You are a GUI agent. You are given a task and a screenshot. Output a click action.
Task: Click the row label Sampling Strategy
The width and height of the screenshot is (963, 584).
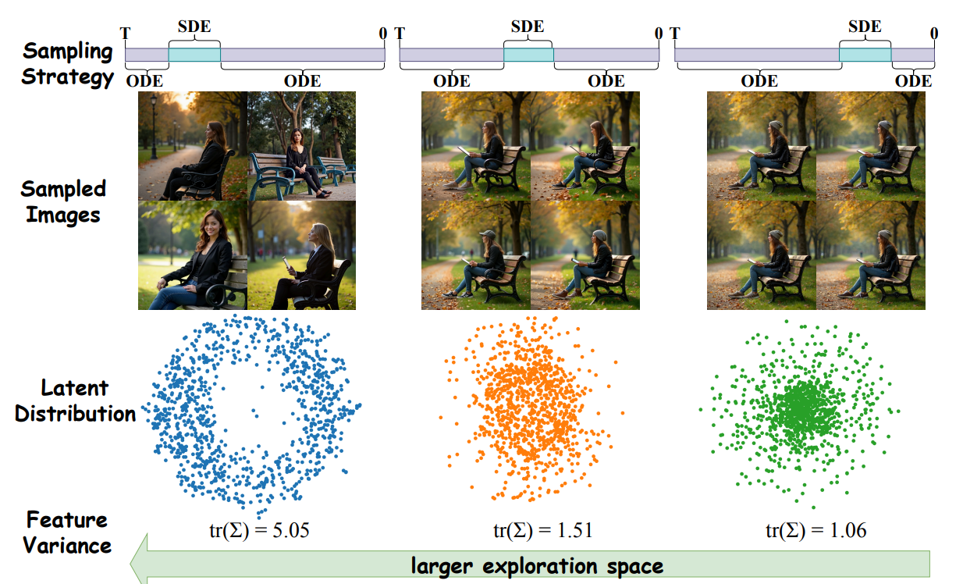[68, 64]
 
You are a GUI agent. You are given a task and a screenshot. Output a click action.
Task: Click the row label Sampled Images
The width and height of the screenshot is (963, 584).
[63, 201]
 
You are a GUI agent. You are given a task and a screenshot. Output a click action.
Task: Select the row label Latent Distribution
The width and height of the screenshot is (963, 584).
[75, 401]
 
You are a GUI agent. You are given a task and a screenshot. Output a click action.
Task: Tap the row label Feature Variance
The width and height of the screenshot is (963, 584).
[67, 532]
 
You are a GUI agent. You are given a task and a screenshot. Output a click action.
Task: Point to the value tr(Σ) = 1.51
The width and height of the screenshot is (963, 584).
[542, 531]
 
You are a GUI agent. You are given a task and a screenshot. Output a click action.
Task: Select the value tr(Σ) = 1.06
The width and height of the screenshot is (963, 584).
[816, 531]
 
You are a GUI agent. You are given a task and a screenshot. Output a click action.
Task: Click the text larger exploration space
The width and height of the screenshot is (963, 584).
[537, 565]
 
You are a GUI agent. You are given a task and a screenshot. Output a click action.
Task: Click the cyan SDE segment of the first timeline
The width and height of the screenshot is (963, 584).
[194, 55]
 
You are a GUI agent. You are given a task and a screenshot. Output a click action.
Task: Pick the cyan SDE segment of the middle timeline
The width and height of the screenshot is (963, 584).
[528, 55]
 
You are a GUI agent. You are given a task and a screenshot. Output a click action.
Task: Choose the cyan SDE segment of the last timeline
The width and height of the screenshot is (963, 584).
[865, 55]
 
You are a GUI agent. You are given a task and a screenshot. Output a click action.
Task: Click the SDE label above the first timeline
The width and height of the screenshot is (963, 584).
[194, 26]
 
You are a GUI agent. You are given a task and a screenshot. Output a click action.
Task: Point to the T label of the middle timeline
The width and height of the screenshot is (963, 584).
[400, 34]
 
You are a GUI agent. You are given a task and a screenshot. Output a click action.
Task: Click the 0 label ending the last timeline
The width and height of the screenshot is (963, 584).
[934, 34]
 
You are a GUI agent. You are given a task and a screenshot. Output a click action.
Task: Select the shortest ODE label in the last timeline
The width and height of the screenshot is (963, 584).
[913, 81]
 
